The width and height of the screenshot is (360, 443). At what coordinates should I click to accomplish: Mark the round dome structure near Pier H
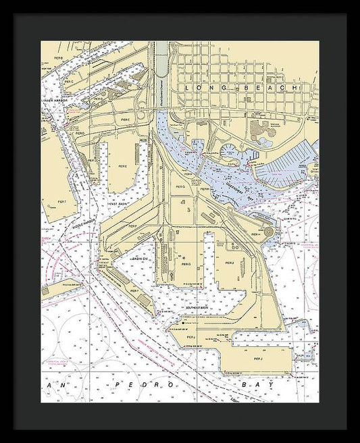click(x=270, y=232)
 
